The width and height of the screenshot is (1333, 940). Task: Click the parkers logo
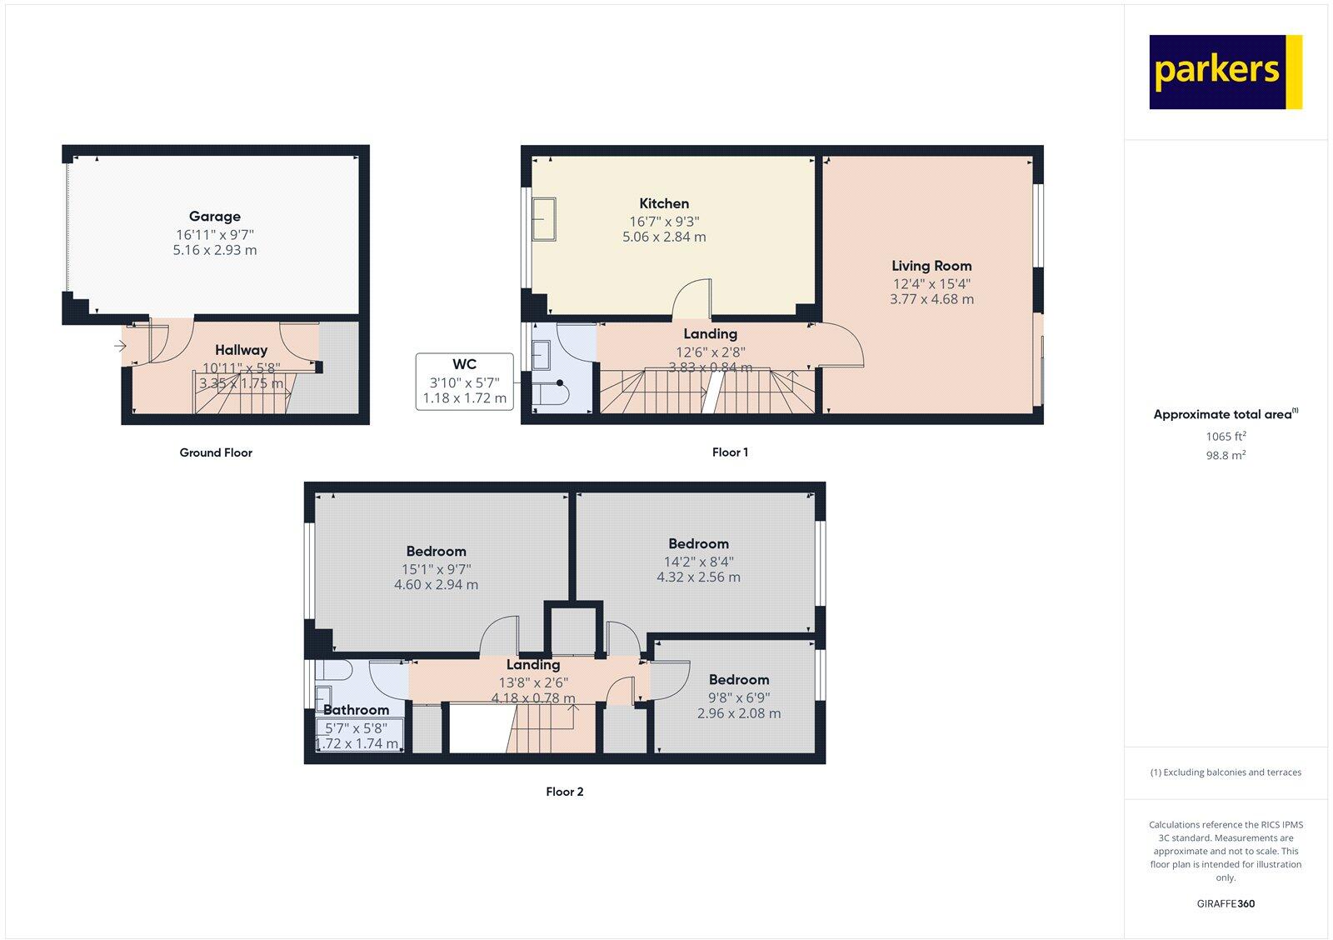coord(1225,72)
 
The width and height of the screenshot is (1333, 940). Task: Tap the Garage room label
coord(215,217)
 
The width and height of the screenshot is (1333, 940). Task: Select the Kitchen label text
coord(664,203)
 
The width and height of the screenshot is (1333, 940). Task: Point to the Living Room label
coord(931,266)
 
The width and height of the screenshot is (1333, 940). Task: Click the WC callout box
coord(464,382)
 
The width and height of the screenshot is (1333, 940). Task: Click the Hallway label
coord(241,350)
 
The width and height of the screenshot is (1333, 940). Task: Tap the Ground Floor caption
coord(216,452)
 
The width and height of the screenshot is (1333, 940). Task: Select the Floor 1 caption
coord(730,452)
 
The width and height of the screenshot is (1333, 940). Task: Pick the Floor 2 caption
coord(565,792)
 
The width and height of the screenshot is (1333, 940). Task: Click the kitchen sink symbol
coord(545,219)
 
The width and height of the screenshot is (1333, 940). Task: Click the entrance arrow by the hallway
coord(121,345)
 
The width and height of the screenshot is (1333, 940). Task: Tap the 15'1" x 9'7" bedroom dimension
coord(437,569)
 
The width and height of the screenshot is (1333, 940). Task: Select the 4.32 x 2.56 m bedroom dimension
coord(698,577)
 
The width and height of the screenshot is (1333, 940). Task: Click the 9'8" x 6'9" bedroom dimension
coord(739,697)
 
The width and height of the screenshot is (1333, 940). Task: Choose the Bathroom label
coord(356,710)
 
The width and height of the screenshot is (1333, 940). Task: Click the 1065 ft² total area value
coord(1226,436)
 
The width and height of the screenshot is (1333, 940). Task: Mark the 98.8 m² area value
coord(1226,455)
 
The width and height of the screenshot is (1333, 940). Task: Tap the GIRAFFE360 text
coord(1226,903)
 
